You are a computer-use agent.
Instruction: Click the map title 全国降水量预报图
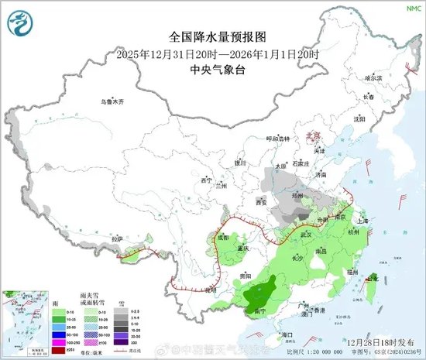tap(212, 37)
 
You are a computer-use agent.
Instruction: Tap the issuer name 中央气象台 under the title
tap(212, 68)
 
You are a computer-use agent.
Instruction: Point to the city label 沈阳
tap(358, 119)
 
